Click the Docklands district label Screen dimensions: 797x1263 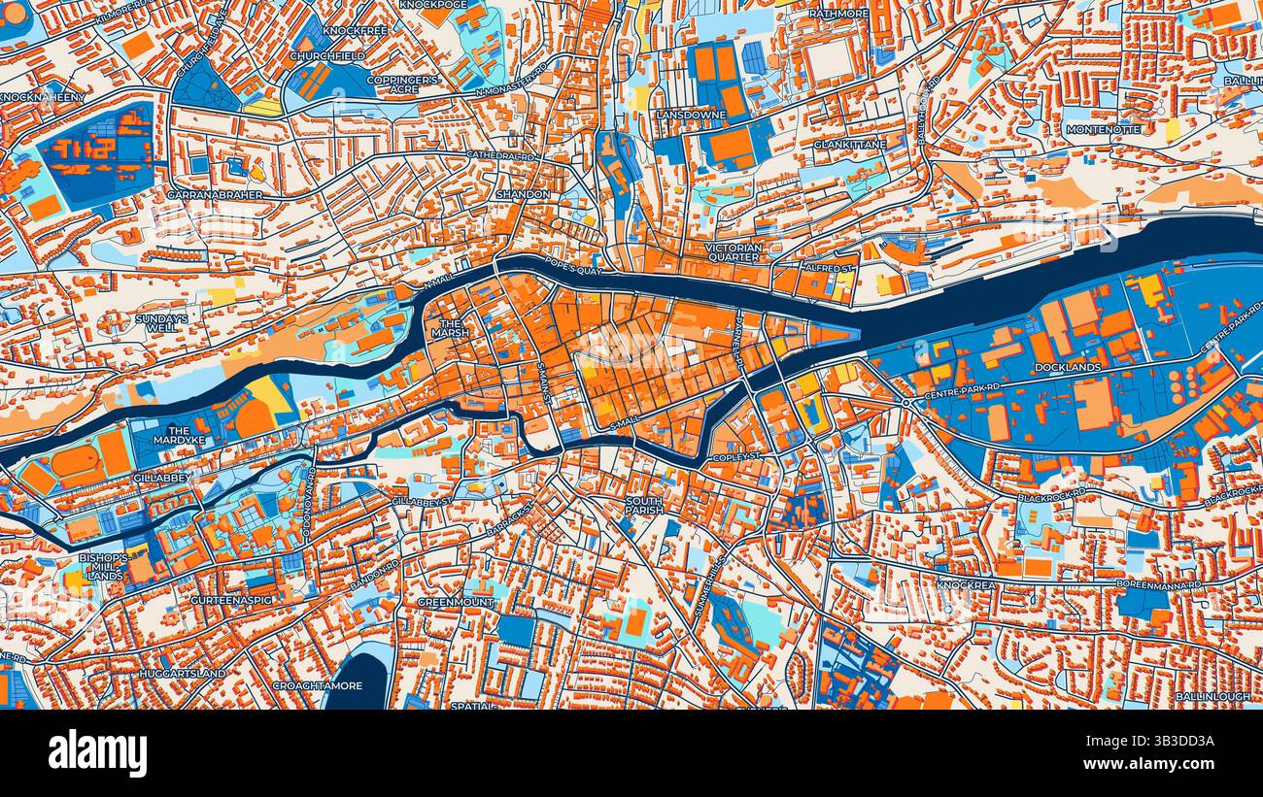click(x=1068, y=368)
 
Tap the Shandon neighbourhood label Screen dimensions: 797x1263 click(x=524, y=194)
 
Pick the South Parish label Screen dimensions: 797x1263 click(x=644, y=506)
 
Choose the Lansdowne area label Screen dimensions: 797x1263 click(x=692, y=115)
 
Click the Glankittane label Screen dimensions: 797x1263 click(x=849, y=144)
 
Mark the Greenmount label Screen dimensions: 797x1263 click(x=457, y=602)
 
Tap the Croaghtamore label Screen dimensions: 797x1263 click(x=305, y=684)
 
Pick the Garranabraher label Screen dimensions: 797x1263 click(x=209, y=194)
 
